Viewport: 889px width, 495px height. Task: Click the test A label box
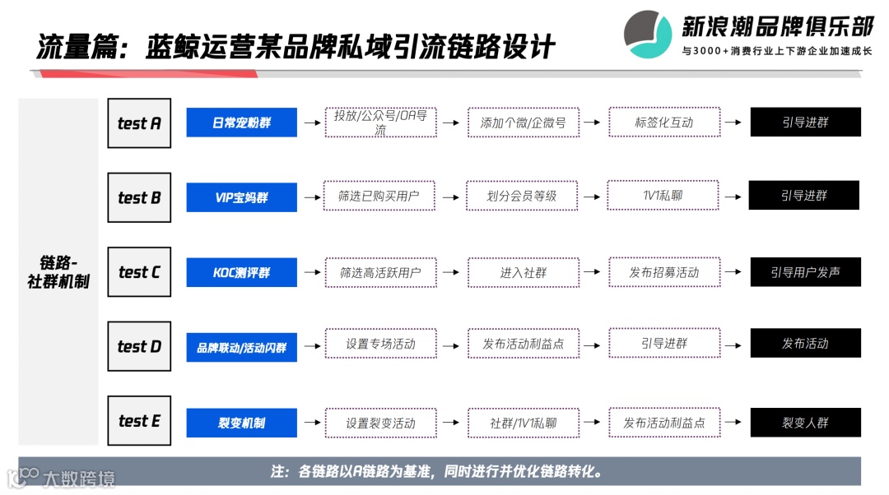tap(139, 123)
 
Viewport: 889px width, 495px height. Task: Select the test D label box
tap(139, 346)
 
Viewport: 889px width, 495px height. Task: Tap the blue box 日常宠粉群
tap(241, 123)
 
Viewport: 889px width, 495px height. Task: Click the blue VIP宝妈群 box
tap(241, 197)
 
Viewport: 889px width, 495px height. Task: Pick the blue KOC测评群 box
tap(241, 272)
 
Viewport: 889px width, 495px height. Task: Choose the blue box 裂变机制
tap(241, 423)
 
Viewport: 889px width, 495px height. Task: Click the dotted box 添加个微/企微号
tap(523, 123)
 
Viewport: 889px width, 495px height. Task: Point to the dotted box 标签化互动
tap(663, 123)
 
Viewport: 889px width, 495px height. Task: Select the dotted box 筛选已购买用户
tap(379, 197)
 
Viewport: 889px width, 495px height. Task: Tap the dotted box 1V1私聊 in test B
tap(663, 196)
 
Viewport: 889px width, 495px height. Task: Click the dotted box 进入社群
tap(523, 272)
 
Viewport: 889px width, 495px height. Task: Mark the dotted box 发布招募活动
tap(663, 272)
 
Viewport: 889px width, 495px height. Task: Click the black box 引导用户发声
tap(805, 272)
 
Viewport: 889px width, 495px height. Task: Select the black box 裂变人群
tap(805, 423)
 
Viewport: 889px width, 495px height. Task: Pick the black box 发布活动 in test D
tap(805, 343)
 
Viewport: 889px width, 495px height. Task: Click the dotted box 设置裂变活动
tap(380, 423)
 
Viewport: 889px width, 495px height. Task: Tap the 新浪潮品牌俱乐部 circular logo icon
tap(648, 34)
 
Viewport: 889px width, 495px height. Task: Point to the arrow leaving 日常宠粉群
tap(311, 123)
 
